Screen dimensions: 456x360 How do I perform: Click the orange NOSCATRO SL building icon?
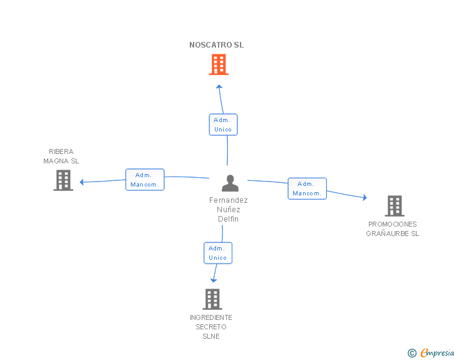219,64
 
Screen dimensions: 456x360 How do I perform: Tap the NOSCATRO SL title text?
216,45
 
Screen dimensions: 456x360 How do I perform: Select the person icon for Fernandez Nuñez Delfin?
230,183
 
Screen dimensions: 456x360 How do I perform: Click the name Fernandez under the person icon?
228,200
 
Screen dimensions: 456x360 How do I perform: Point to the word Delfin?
228,219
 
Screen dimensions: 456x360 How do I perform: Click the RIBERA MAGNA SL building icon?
63,180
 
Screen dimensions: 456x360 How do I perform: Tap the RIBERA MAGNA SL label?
61,156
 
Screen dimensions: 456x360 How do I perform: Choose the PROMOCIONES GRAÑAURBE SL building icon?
395,206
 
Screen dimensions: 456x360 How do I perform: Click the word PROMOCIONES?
392,224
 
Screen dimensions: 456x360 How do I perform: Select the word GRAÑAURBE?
387,234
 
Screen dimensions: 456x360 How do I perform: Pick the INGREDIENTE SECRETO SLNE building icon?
212,299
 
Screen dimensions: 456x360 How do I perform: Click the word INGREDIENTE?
211,317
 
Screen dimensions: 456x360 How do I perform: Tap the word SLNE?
211,336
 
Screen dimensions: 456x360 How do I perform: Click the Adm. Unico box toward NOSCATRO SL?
224,125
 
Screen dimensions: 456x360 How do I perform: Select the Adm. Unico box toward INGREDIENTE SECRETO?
218,253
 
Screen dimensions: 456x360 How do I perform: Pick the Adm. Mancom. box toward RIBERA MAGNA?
145,180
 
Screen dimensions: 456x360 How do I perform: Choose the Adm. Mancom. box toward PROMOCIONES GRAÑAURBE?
307,188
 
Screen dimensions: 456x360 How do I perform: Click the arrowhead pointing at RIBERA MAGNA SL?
81,182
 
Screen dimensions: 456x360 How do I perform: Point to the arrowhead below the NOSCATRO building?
219,86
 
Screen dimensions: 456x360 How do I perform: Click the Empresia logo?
431,352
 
